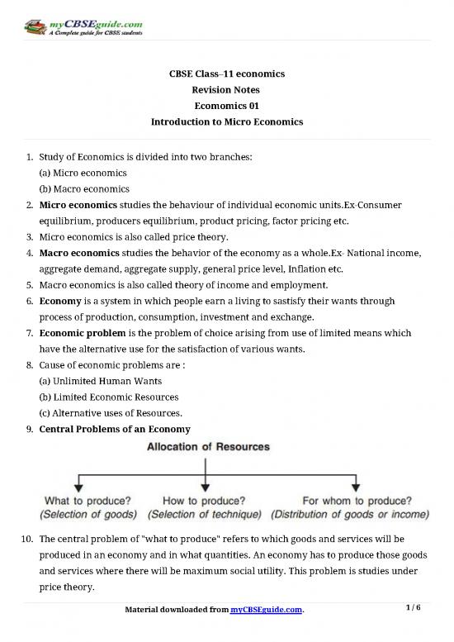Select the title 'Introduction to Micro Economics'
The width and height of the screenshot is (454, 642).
click(x=226, y=121)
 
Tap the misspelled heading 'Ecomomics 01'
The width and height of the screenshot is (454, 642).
click(x=226, y=106)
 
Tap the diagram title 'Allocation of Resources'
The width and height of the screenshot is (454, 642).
click(x=208, y=447)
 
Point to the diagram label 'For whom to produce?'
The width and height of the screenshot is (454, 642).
click(x=357, y=500)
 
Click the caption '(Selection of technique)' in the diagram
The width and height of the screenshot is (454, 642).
click(x=208, y=514)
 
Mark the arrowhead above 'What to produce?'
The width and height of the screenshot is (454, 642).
click(x=77, y=486)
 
